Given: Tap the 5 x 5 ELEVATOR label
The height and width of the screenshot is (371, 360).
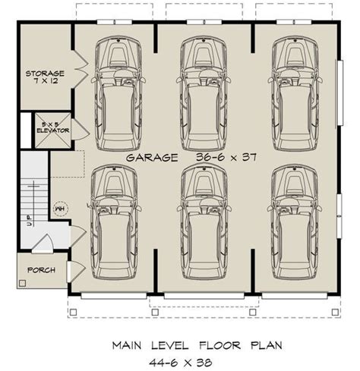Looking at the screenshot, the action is [x=53, y=127].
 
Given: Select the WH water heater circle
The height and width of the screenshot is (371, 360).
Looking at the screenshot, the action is [x=61, y=209].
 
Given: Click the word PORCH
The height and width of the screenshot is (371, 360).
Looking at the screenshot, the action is [x=41, y=270].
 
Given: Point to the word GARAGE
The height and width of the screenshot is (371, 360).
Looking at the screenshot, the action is [x=152, y=158].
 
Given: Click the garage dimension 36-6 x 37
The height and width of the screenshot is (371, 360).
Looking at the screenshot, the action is [x=226, y=157].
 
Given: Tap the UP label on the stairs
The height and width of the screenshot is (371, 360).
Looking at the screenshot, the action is [x=30, y=221].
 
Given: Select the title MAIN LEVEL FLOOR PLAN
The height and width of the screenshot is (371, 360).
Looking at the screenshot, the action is [x=197, y=345].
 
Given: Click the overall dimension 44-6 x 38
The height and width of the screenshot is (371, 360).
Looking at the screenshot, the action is [x=181, y=363].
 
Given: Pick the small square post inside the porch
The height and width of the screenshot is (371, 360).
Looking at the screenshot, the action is [x=23, y=283].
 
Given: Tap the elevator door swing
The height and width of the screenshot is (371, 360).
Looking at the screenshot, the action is [x=80, y=129].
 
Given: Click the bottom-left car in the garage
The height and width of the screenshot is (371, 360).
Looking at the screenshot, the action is [x=114, y=222].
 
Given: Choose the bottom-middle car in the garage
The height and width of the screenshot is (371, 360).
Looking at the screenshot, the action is [x=204, y=222].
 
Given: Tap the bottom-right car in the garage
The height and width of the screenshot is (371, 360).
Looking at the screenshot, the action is [x=295, y=222].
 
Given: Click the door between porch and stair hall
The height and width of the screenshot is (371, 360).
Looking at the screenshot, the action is [x=43, y=244].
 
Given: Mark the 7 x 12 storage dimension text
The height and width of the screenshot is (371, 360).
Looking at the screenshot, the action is [x=46, y=81].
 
